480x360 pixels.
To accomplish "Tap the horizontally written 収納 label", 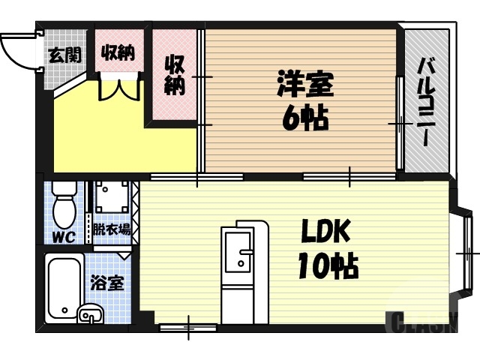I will click(x=118, y=52).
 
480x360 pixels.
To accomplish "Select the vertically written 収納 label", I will click(x=175, y=74).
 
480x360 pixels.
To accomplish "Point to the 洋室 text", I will click(x=304, y=83).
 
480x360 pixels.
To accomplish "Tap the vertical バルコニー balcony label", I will click(x=424, y=102).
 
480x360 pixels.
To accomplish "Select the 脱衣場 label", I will click(x=111, y=229).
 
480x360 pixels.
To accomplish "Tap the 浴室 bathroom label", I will click(x=106, y=284).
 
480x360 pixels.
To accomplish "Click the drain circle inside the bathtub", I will click(x=66, y=309).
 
